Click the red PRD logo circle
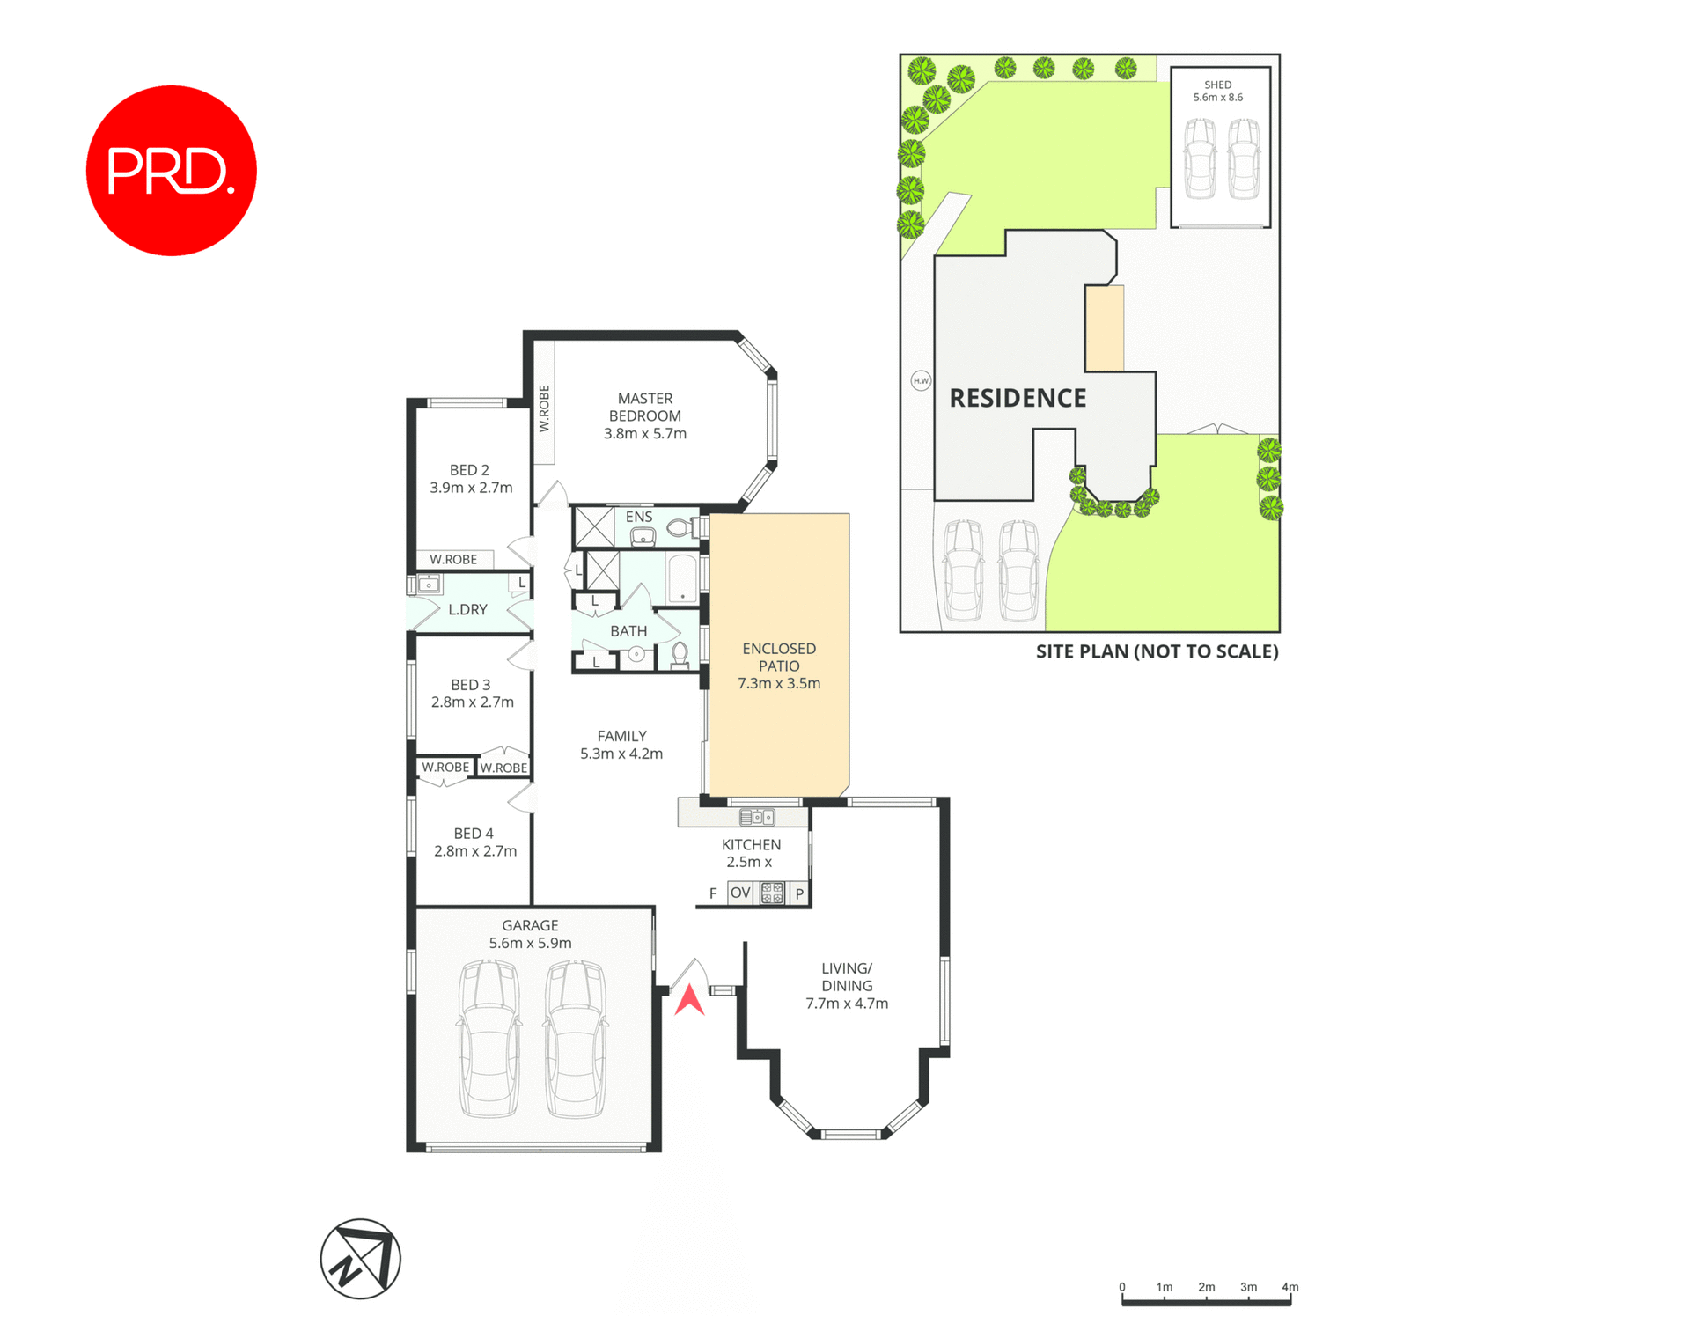tap(171, 171)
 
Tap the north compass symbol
tap(360, 1258)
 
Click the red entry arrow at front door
tap(689, 1000)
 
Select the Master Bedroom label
tap(645, 408)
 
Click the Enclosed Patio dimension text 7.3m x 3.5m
tap(779, 683)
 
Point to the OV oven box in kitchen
tap(740, 893)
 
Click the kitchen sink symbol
tap(757, 817)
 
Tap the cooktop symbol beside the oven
tap(772, 893)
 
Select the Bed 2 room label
tap(469, 470)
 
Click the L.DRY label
tap(467, 609)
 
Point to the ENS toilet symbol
tap(680, 528)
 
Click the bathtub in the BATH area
tap(682, 577)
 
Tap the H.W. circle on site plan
tap(921, 381)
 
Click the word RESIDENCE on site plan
tap(1018, 399)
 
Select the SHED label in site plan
tap(1218, 85)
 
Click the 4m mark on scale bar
tap(1290, 1287)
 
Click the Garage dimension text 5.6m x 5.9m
tap(530, 943)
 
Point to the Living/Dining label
tap(847, 977)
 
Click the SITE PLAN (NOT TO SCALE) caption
tap(1157, 651)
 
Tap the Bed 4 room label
tap(474, 833)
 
